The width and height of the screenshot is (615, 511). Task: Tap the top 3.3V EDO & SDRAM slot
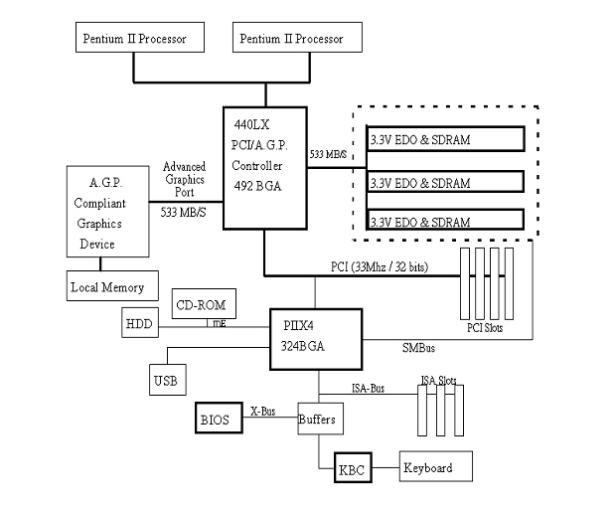coord(444,140)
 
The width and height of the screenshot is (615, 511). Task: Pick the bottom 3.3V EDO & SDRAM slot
coord(444,221)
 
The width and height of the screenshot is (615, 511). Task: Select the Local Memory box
coord(106,287)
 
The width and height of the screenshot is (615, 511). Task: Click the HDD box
coord(138,323)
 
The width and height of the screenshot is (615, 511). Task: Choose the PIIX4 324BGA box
coord(315,339)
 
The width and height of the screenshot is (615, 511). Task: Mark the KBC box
coord(352,468)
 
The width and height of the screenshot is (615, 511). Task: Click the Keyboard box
coord(435,467)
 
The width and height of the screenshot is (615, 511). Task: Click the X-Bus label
coord(263,410)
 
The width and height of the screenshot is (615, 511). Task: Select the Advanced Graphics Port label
coord(184,180)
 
